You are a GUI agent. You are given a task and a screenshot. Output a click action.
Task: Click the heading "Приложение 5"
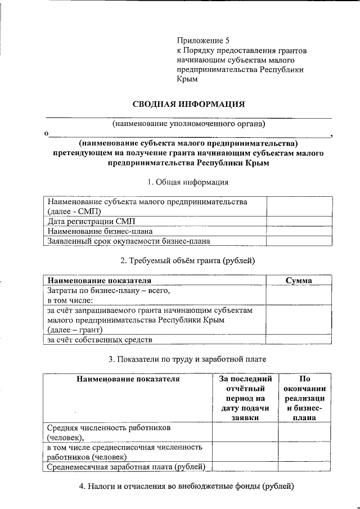click(203, 40)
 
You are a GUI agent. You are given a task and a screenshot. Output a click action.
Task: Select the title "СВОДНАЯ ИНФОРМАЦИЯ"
click(188, 104)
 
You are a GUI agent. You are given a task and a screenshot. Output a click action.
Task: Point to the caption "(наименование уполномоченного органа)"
click(188, 123)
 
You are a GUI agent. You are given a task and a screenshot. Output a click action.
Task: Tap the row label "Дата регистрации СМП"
click(91, 221)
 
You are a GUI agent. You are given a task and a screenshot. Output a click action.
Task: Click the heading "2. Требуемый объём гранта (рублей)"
click(188, 261)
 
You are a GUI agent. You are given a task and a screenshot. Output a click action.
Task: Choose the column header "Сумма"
click(299, 280)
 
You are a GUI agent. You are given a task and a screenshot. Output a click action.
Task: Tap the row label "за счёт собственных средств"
click(100, 340)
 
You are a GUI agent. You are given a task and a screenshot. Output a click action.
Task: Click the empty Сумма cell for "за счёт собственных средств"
click(299, 340)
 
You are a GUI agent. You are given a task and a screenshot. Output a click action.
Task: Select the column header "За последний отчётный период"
click(245, 398)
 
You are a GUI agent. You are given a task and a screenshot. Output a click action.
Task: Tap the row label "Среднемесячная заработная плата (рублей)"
click(126, 466)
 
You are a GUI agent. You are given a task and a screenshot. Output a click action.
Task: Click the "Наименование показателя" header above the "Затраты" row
click(100, 280)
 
